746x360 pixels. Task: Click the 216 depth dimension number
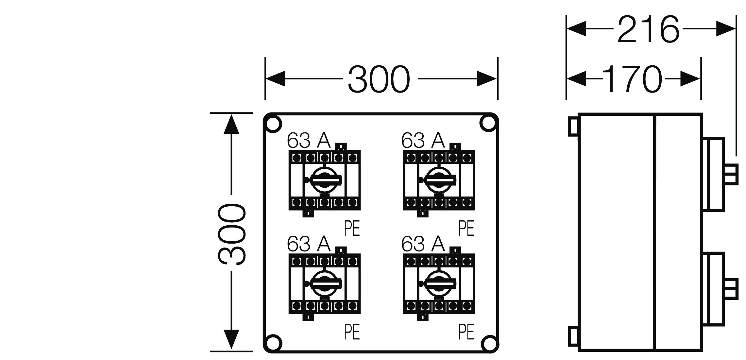(x=648, y=29)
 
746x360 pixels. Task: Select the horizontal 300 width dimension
(x=379, y=79)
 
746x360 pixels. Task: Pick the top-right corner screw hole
(x=488, y=123)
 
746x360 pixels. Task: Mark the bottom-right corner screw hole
(x=489, y=343)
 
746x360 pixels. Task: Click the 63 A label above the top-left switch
(x=309, y=141)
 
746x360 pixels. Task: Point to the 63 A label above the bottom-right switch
(x=423, y=244)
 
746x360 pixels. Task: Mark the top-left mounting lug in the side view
(x=573, y=126)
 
